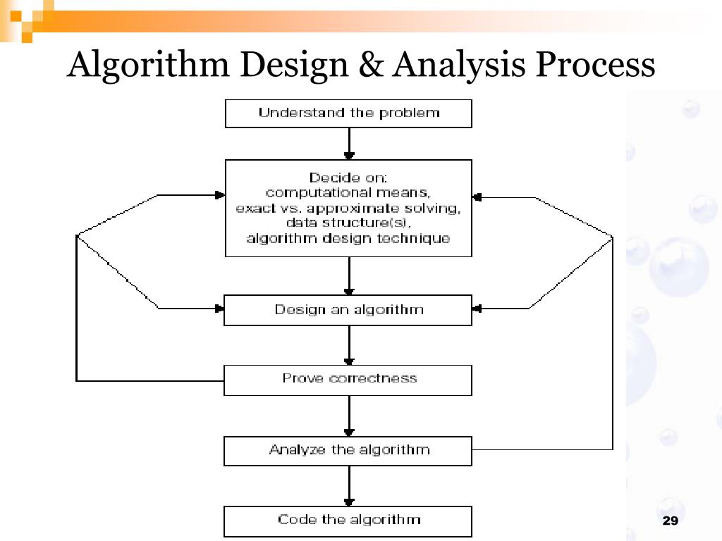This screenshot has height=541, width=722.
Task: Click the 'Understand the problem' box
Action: tap(348, 113)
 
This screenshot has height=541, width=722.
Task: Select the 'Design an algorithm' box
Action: tap(348, 310)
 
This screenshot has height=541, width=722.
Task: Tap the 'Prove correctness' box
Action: tap(348, 380)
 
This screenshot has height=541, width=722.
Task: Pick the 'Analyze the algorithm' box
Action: tap(348, 450)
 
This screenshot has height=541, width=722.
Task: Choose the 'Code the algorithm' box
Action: tap(348, 521)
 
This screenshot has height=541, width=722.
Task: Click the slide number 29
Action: tap(670, 521)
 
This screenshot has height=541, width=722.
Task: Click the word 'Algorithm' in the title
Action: tap(148, 66)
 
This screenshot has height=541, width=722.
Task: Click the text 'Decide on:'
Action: tap(348, 178)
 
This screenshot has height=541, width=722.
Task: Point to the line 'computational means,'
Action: tap(348, 193)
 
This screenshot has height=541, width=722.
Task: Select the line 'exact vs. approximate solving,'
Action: tap(348, 209)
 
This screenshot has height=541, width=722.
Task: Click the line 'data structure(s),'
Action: tap(348, 223)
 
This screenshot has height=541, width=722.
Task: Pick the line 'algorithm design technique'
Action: tap(348, 239)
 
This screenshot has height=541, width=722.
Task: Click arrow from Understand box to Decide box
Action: tap(349, 144)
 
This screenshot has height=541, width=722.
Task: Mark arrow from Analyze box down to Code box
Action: tap(349, 485)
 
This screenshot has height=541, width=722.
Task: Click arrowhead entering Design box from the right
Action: tap(477, 309)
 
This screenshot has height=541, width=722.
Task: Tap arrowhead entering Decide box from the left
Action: tap(219, 195)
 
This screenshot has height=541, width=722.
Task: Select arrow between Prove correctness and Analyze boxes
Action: tap(349, 416)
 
